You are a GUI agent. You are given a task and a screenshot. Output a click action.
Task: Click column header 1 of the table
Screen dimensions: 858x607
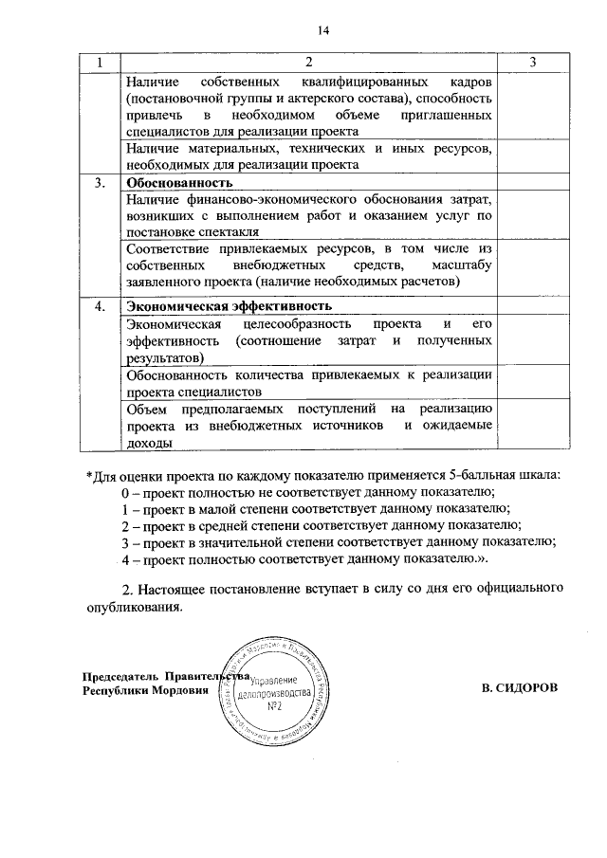(98, 63)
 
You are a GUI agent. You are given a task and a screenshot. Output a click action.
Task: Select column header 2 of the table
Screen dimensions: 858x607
(308, 63)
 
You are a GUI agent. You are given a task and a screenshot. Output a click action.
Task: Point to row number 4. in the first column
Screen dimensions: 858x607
(100, 306)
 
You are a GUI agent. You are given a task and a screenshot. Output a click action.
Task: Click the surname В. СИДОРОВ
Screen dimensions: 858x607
(520, 685)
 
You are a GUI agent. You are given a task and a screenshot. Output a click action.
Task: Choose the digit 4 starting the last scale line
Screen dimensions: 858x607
(125, 559)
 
